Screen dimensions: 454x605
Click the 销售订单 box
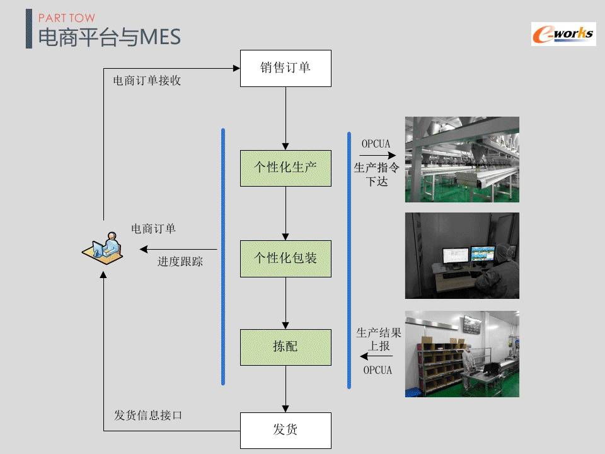click(285, 68)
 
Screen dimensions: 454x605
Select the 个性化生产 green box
click(285, 168)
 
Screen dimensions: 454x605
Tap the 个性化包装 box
click(285, 258)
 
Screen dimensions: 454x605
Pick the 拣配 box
click(285, 347)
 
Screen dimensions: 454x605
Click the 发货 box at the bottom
click(285, 430)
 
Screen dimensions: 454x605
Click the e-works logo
click(562, 33)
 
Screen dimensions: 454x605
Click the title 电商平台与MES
click(110, 37)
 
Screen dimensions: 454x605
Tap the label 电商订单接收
click(147, 81)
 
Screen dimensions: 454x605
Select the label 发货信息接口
click(148, 415)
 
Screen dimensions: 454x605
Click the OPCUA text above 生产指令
click(376, 144)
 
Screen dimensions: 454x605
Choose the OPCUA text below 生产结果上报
click(377, 370)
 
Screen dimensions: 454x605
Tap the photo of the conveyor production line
click(461, 159)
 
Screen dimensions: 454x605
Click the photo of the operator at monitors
click(461, 255)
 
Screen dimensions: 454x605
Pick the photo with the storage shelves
click(461, 354)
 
